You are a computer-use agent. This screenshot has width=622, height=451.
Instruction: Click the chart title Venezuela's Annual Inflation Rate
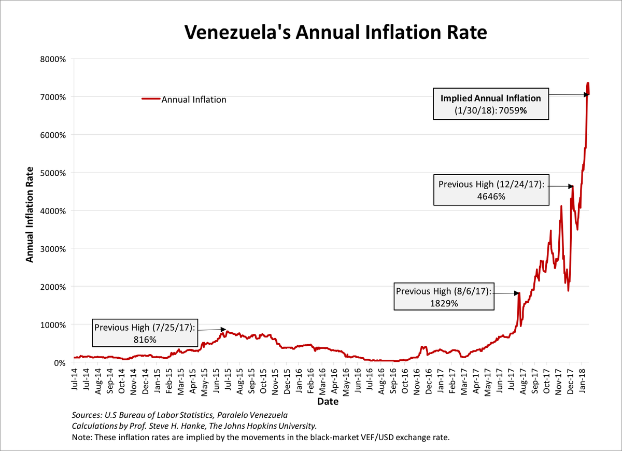click(x=336, y=32)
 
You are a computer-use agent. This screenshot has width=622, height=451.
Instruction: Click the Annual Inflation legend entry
click(x=193, y=100)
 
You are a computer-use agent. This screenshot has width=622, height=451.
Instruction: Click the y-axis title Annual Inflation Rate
click(x=30, y=214)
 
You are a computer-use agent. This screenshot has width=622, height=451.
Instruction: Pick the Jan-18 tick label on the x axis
click(x=583, y=382)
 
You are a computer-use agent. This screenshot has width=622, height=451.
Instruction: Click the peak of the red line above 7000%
click(x=588, y=83)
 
